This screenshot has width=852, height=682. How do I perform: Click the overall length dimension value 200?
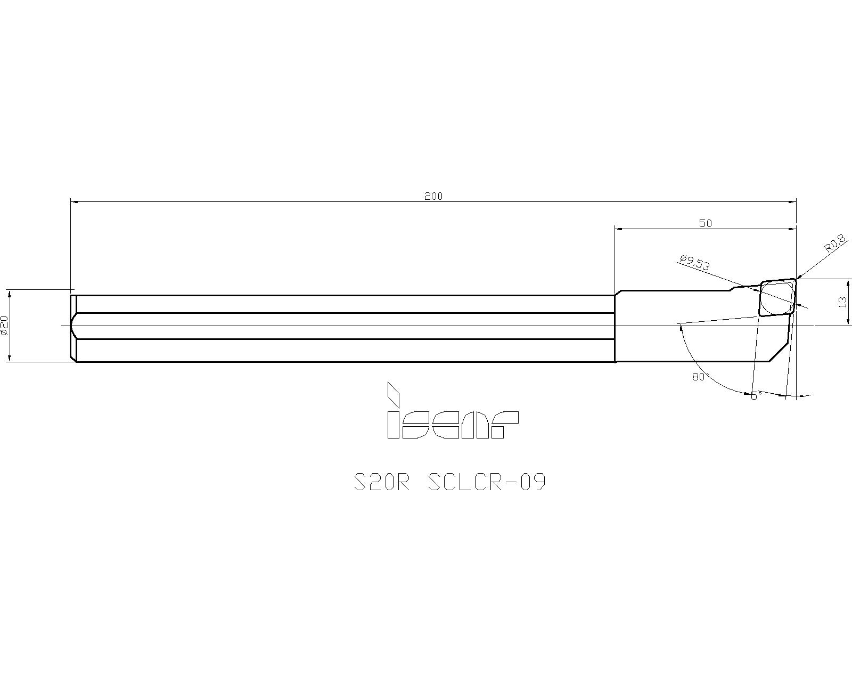point(433,196)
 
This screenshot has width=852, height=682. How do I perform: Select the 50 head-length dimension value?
point(706,223)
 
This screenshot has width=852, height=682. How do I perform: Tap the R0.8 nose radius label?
point(835,243)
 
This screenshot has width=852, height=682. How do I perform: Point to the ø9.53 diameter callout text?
point(694,263)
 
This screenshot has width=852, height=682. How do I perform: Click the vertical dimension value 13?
point(843,302)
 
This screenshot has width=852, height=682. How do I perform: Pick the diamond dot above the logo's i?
point(393,394)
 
